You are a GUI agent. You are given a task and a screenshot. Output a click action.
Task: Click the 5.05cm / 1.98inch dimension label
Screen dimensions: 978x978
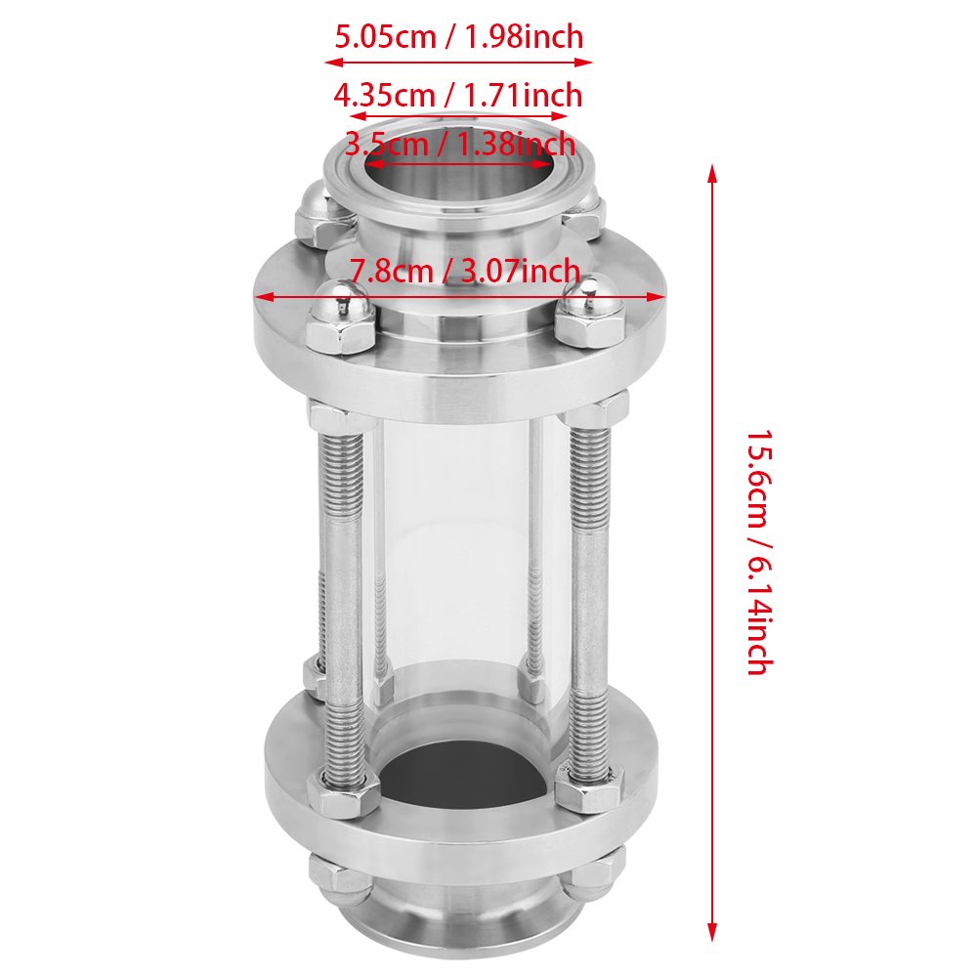(459, 38)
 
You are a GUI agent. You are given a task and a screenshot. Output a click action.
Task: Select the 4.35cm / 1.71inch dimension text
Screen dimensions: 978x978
(458, 96)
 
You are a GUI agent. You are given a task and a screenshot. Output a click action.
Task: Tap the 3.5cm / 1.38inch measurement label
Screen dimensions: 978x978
(459, 146)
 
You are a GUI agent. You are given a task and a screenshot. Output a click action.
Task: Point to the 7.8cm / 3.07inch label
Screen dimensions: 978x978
(465, 270)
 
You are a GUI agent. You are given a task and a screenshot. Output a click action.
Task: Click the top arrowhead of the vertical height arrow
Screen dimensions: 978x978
(712, 174)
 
